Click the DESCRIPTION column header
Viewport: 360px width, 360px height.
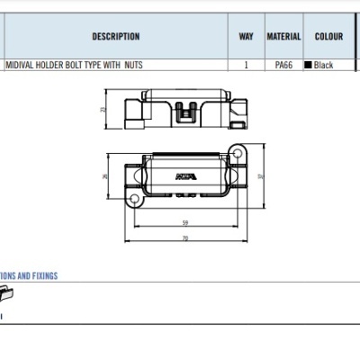coord(115,37)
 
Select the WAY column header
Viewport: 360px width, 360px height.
coord(246,37)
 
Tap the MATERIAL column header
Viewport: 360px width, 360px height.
coord(283,37)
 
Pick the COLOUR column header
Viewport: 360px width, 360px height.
coord(328,37)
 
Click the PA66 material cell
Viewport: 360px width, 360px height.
coord(283,66)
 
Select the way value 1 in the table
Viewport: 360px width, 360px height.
coord(246,66)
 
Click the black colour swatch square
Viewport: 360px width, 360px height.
coord(309,66)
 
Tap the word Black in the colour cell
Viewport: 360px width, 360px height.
coord(324,66)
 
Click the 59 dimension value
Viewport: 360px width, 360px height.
coord(184,222)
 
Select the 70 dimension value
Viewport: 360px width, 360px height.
coord(184,238)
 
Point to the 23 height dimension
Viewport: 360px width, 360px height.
coord(103,109)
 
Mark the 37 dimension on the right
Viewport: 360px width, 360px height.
coord(260,176)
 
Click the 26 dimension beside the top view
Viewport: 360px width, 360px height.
coord(105,176)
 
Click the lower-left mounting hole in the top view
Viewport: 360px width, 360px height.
coord(134,197)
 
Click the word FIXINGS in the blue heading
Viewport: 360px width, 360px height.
coord(42,276)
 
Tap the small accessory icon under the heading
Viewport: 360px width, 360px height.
coord(5,293)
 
